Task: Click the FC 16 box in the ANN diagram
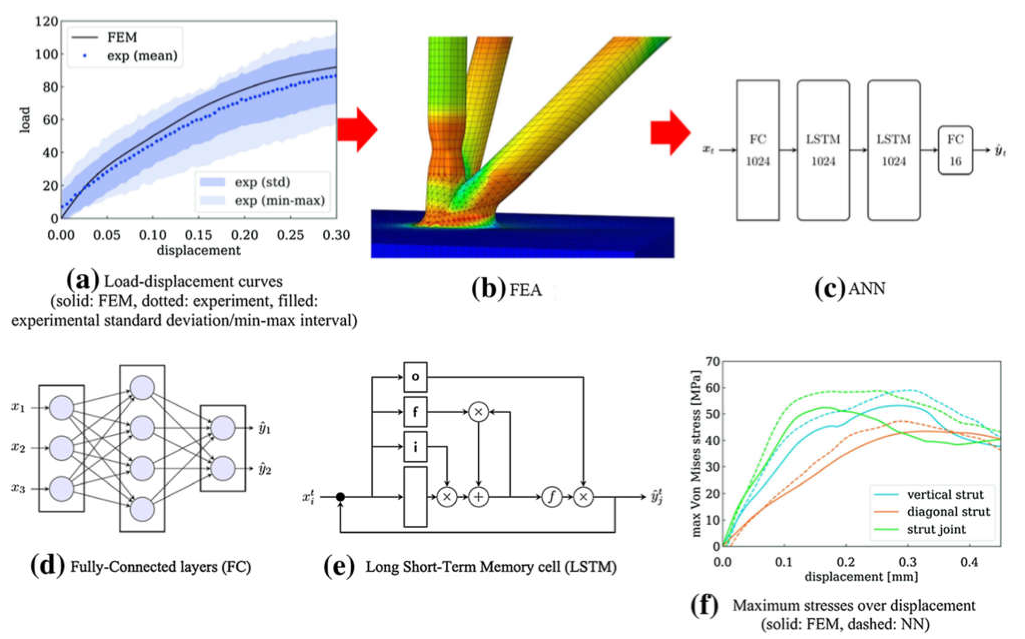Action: tap(956, 150)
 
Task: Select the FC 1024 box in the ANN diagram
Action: tap(758, 150)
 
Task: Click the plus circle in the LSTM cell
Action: tap(478, 497)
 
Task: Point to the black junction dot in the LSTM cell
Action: tap(340, 497)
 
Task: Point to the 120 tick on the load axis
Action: tap(46, 21)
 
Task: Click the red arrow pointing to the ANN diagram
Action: tap(671, 133)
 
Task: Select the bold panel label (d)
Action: tap(48, 566)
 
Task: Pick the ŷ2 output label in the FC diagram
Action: tap(265, 470)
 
